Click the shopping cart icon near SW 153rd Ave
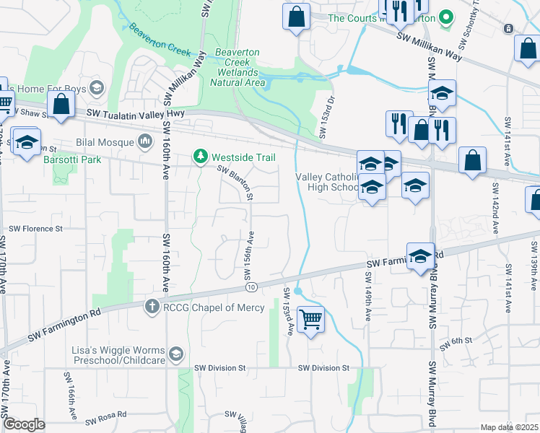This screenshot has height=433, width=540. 310,318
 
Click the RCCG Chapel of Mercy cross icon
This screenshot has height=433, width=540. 152,307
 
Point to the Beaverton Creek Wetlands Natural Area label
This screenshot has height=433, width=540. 238,67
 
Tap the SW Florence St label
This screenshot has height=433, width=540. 35,229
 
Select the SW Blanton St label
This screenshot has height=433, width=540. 236,183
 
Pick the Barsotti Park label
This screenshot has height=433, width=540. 72,159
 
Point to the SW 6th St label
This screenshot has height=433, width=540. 457,341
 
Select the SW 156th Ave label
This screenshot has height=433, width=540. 248,256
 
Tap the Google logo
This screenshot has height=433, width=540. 24,424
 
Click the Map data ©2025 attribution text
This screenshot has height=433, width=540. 510,427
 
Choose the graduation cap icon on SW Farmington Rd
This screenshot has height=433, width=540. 420,257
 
